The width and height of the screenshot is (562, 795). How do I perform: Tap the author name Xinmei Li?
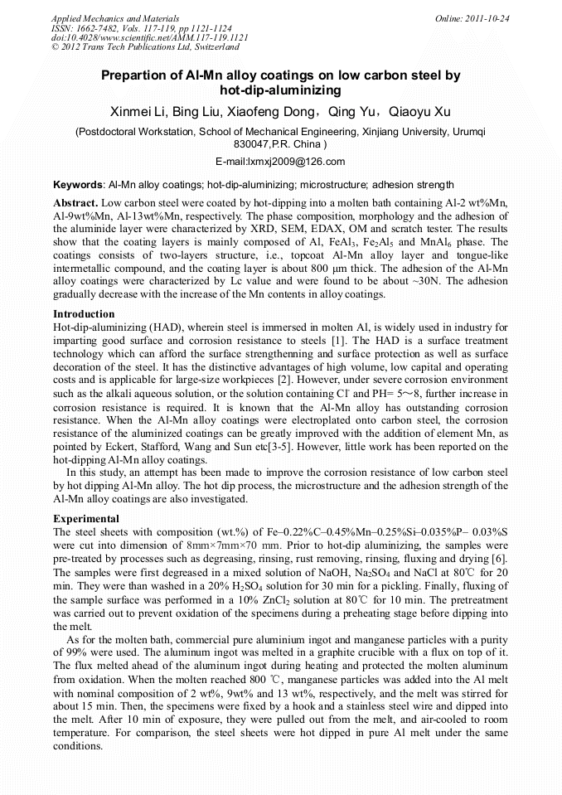click(x=135, y=111)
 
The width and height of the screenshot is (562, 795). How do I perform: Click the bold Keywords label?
click(x=78, y=184)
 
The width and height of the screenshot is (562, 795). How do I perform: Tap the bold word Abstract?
click(x=75, y=203)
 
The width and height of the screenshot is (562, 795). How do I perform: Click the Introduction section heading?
click(x=84, y=314)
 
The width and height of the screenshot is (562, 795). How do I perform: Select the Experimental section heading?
click(x=86, y=518)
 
